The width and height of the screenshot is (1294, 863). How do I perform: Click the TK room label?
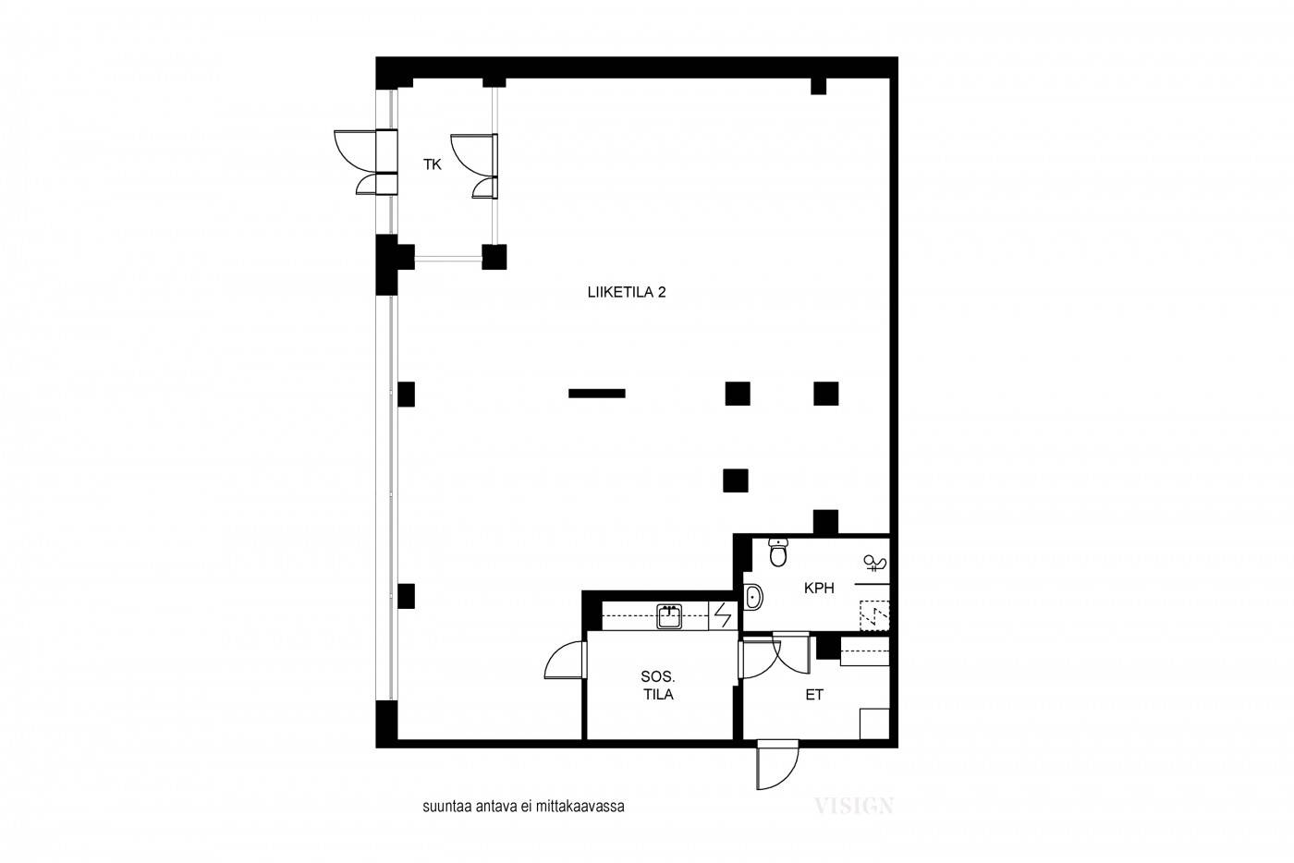click(433, 164)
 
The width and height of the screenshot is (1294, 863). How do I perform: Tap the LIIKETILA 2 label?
click(627, 292)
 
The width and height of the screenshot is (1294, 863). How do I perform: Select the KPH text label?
click(819, 589)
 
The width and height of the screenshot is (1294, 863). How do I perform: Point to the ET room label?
click(814, 695)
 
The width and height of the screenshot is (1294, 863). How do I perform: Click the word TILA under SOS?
click(658, 694)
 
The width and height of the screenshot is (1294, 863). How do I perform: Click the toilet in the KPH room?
click(778, 553)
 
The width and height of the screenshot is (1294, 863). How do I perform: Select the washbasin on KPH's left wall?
click(752, 597)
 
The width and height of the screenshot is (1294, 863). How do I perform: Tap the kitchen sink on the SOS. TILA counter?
click(669, 616)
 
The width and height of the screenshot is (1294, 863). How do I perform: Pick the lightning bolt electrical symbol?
click(723, 615)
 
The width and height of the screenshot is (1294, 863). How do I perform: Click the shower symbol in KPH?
click(875, 563)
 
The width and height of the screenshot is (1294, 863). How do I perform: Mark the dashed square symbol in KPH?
click(874, 615)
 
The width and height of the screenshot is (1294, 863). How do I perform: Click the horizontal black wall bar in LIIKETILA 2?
click(597, 394)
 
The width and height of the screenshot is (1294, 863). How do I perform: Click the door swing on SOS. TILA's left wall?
click(566, 660)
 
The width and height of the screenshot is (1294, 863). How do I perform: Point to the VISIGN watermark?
click(853, 805)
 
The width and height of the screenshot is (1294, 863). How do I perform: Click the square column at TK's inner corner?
click(494, 257)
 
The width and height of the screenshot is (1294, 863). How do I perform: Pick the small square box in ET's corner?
click(874, 723)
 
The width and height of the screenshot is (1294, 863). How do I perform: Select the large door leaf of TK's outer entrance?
click(355, 152)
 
